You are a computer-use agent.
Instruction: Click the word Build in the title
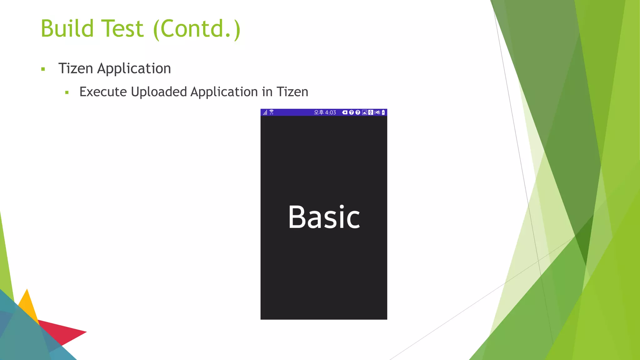coord(67,29)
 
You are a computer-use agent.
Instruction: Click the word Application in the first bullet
coord(134,68)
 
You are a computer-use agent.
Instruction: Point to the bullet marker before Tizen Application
coord(43,69)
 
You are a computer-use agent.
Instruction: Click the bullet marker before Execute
coord(67,92)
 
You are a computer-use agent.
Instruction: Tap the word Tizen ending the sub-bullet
coord(292,92)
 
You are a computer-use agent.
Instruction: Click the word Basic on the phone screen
coord(324,217)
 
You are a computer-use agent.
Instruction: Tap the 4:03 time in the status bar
coord(330,112)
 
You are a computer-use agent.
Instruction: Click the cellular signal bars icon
coord(265,112)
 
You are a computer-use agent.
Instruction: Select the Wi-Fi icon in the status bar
coord(272,112)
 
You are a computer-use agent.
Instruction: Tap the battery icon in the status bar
coord(383,112)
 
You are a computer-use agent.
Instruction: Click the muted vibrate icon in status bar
coord(377,112)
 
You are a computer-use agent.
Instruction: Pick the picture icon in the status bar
coord(364,112)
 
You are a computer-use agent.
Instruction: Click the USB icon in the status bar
coord(371,112)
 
